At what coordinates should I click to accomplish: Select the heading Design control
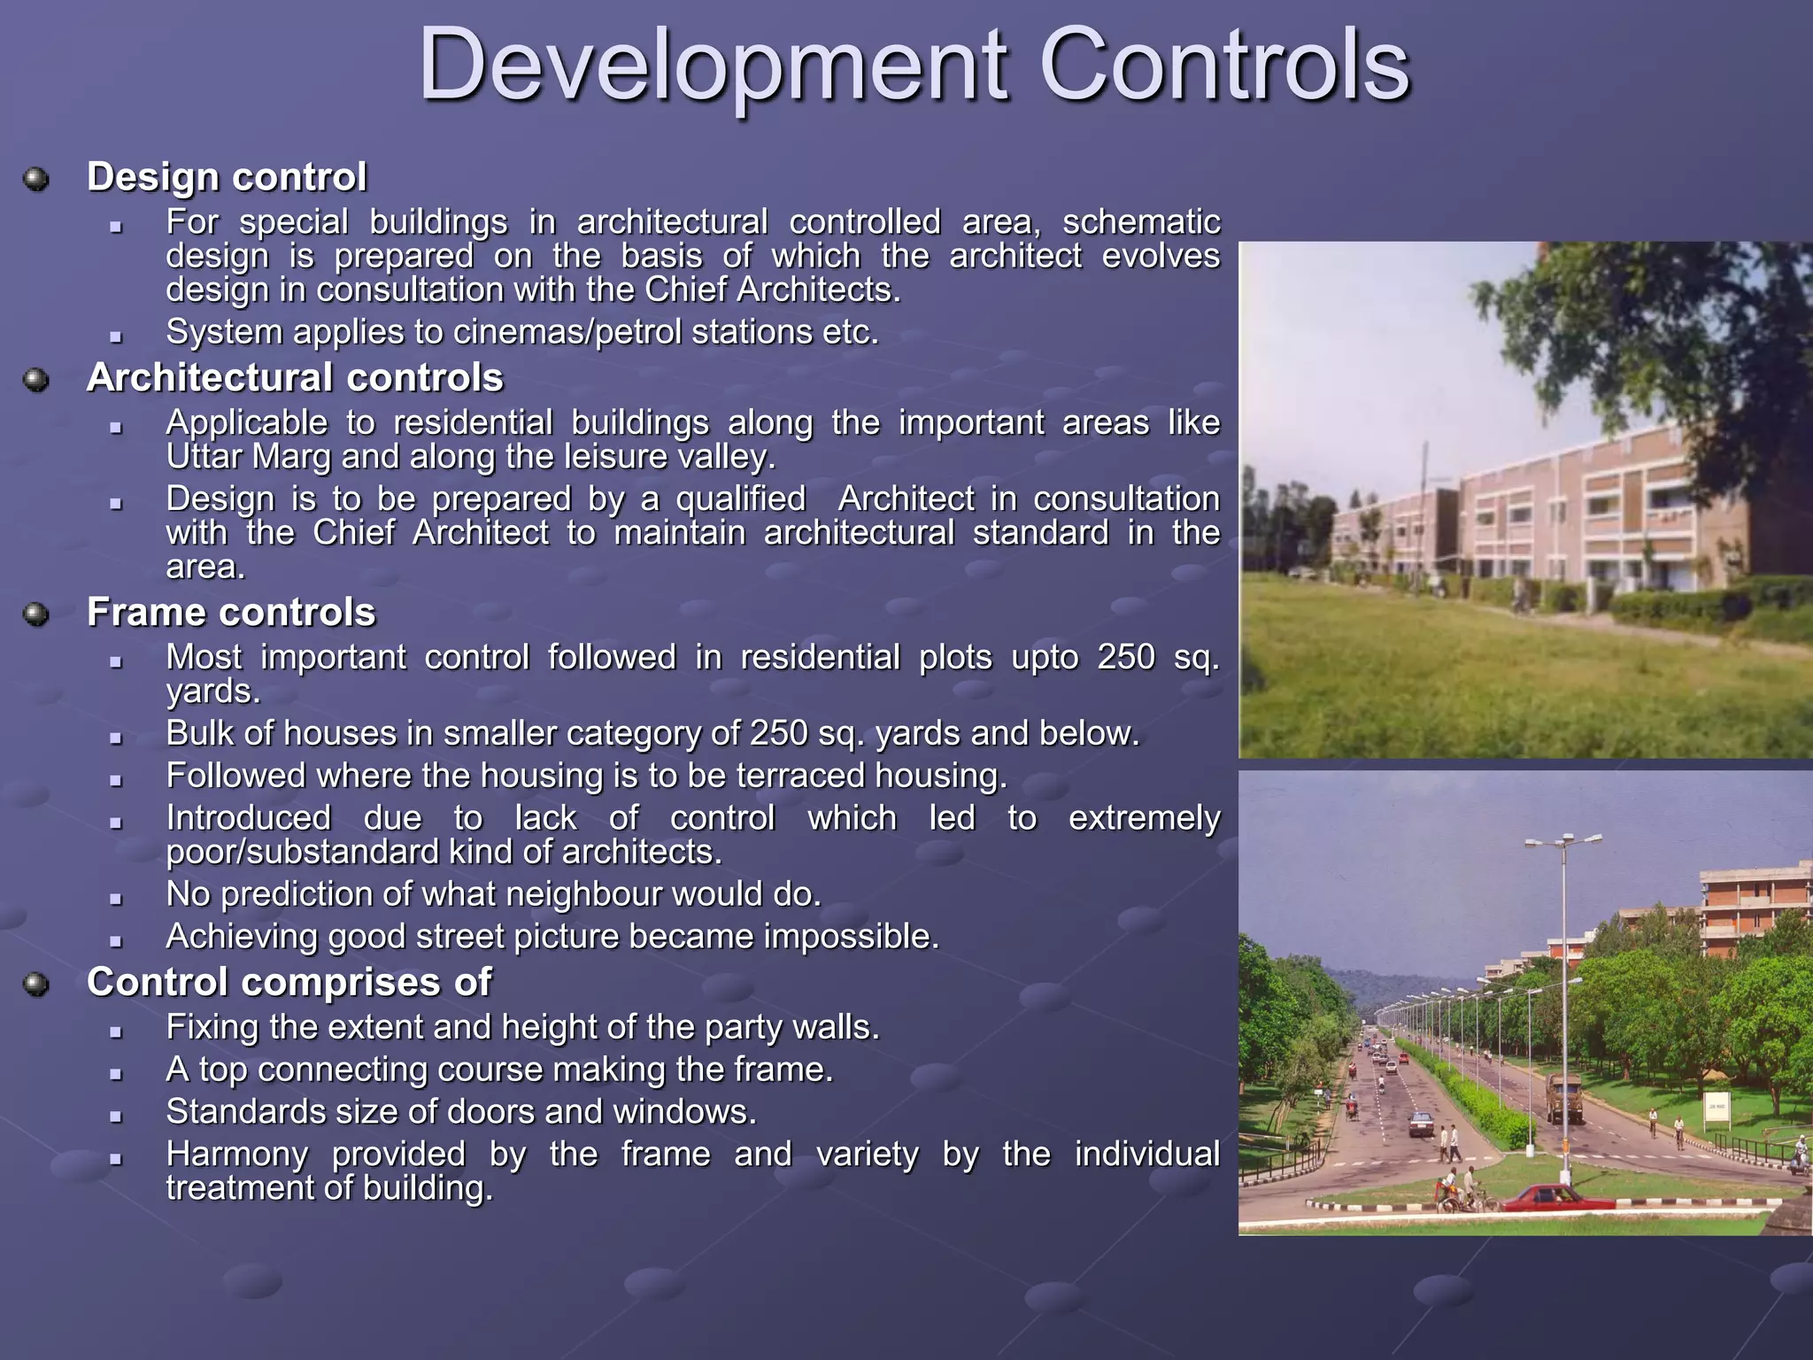pos(227,177)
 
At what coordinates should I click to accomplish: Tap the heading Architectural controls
pos(295,378)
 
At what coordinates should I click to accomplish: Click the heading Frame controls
pos(231,613)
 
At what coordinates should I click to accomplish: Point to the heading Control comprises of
pos(289,983)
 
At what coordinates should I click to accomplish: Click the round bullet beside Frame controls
pos(36,614)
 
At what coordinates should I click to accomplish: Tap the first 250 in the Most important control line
pos(1126,658)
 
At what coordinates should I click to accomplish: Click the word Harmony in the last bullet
pos(237,1155)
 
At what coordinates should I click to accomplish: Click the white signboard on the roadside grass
pos(1717,1109)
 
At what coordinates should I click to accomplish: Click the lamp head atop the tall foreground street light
pos(1564,839)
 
